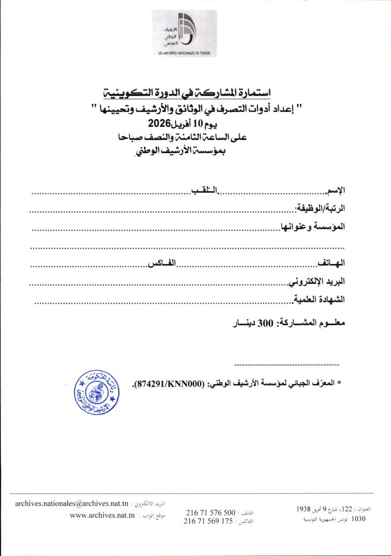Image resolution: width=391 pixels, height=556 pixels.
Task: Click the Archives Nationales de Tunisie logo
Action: point(182,33)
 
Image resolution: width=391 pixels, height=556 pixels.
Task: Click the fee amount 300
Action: point(266,324)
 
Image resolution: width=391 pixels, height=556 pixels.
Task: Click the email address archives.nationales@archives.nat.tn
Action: point(72,504)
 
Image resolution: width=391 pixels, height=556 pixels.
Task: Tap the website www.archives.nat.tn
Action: point(102,515)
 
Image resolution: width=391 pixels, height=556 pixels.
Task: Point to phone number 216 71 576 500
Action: point(210,513)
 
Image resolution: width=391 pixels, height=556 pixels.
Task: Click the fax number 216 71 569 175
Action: point(209,521)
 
